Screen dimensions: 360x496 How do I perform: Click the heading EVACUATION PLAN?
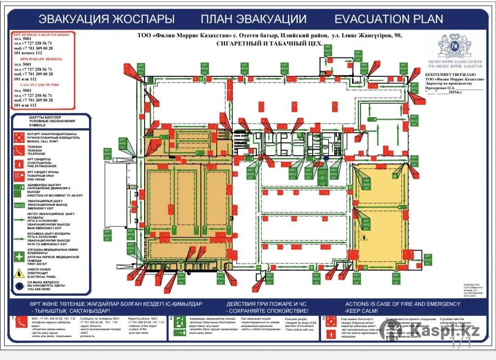pyautogui.click(x=389, y=19)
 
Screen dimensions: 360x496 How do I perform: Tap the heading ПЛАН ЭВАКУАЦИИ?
pyautogui.click(x=253, y=19)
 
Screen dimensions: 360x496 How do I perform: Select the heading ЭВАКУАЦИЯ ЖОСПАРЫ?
pyautogui.click(x=106, y=19)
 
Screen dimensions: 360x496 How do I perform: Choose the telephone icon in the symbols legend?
pyautogui.click(x=19, y=149)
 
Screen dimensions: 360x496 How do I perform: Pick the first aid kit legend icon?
pyautogui.click(x=19, y=256)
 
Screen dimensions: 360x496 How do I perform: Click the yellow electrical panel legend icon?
pyautogui.click(x=19, y=273)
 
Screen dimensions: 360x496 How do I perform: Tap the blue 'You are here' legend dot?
pyautogui.click(x=19, y=286)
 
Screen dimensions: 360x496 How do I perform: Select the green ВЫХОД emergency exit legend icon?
pyautogui.click(x=19, y=205)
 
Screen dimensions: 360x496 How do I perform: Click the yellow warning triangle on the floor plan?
pyautogui.click(x=364, y=237)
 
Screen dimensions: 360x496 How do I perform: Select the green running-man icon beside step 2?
pyautogui.click(x=180, y=322)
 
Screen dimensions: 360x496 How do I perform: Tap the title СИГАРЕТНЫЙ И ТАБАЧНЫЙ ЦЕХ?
pyautogui.click(x=270, y=45)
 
